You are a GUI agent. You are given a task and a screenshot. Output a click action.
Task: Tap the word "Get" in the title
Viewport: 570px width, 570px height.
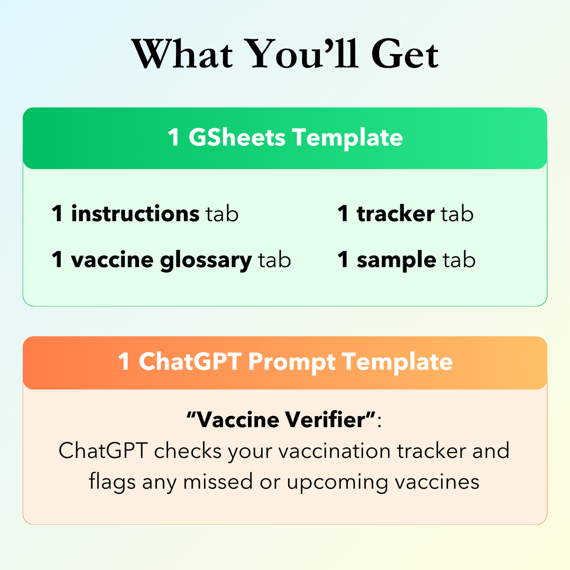[405, 54]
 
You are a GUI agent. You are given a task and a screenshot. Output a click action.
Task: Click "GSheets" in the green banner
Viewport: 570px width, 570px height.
[237, 137]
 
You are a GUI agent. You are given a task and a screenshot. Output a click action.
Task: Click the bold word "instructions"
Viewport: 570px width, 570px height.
[135, 213]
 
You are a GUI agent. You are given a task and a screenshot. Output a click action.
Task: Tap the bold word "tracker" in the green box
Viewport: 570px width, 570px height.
[396, 213]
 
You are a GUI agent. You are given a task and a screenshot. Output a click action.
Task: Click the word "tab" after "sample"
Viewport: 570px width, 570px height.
[459, 260]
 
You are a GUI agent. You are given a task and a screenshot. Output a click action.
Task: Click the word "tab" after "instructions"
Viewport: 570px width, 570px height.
[222, 213]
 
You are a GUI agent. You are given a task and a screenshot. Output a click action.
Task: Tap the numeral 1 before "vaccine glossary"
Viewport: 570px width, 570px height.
[57, 260]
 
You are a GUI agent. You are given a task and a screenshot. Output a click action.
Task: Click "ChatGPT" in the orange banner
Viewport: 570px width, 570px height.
[190, 361]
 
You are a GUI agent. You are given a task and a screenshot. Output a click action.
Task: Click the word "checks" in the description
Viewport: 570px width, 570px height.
[188, 450]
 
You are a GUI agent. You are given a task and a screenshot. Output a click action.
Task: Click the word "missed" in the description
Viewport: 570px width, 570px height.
[218, 482]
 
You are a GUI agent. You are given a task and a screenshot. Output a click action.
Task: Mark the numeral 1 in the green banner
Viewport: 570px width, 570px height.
[174, 137]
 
